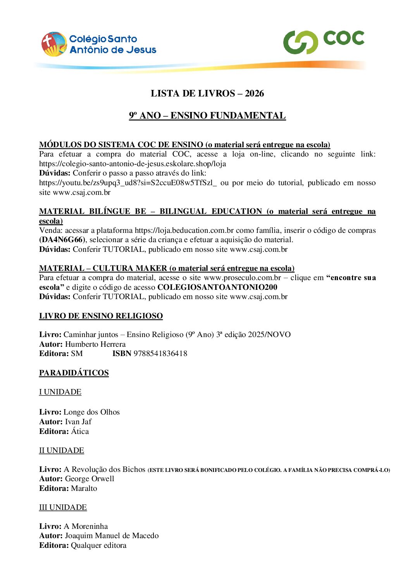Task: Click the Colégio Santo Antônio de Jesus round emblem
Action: click(x=54, y=44)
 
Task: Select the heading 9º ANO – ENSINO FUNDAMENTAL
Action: click(x=207, y=115)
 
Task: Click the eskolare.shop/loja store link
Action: click(x=133, y=164)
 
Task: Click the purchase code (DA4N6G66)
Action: click(x=61, y=240)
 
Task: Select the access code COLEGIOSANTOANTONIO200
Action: click(x=217, y=287)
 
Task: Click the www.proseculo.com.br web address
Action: click(x=242, y=278)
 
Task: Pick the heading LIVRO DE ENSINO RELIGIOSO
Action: click(x=101, y=316)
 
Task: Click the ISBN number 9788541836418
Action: click(x=160, y=353)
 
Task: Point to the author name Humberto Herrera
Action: click(x=95, y=344)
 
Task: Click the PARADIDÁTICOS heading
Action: click(x=74, y=373)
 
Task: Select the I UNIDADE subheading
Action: click(x=60, y=392)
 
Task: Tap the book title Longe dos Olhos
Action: click(x=91, y=412)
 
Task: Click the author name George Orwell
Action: click(x=90, y=478)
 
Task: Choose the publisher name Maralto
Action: click(x=84, y=488)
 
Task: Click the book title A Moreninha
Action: click(x=86, y=526)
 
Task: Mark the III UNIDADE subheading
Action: click(x=63, y=507)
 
